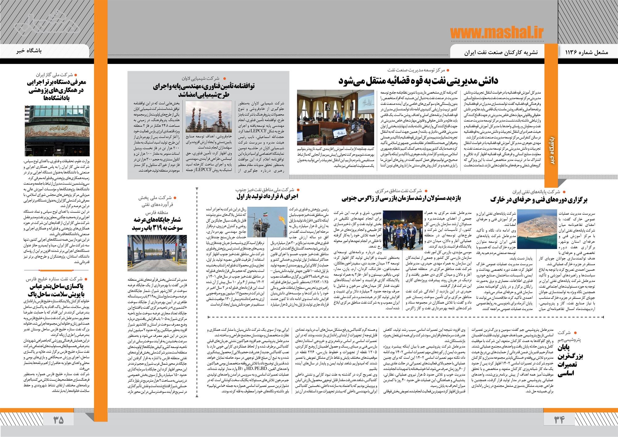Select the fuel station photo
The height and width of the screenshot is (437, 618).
157,253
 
